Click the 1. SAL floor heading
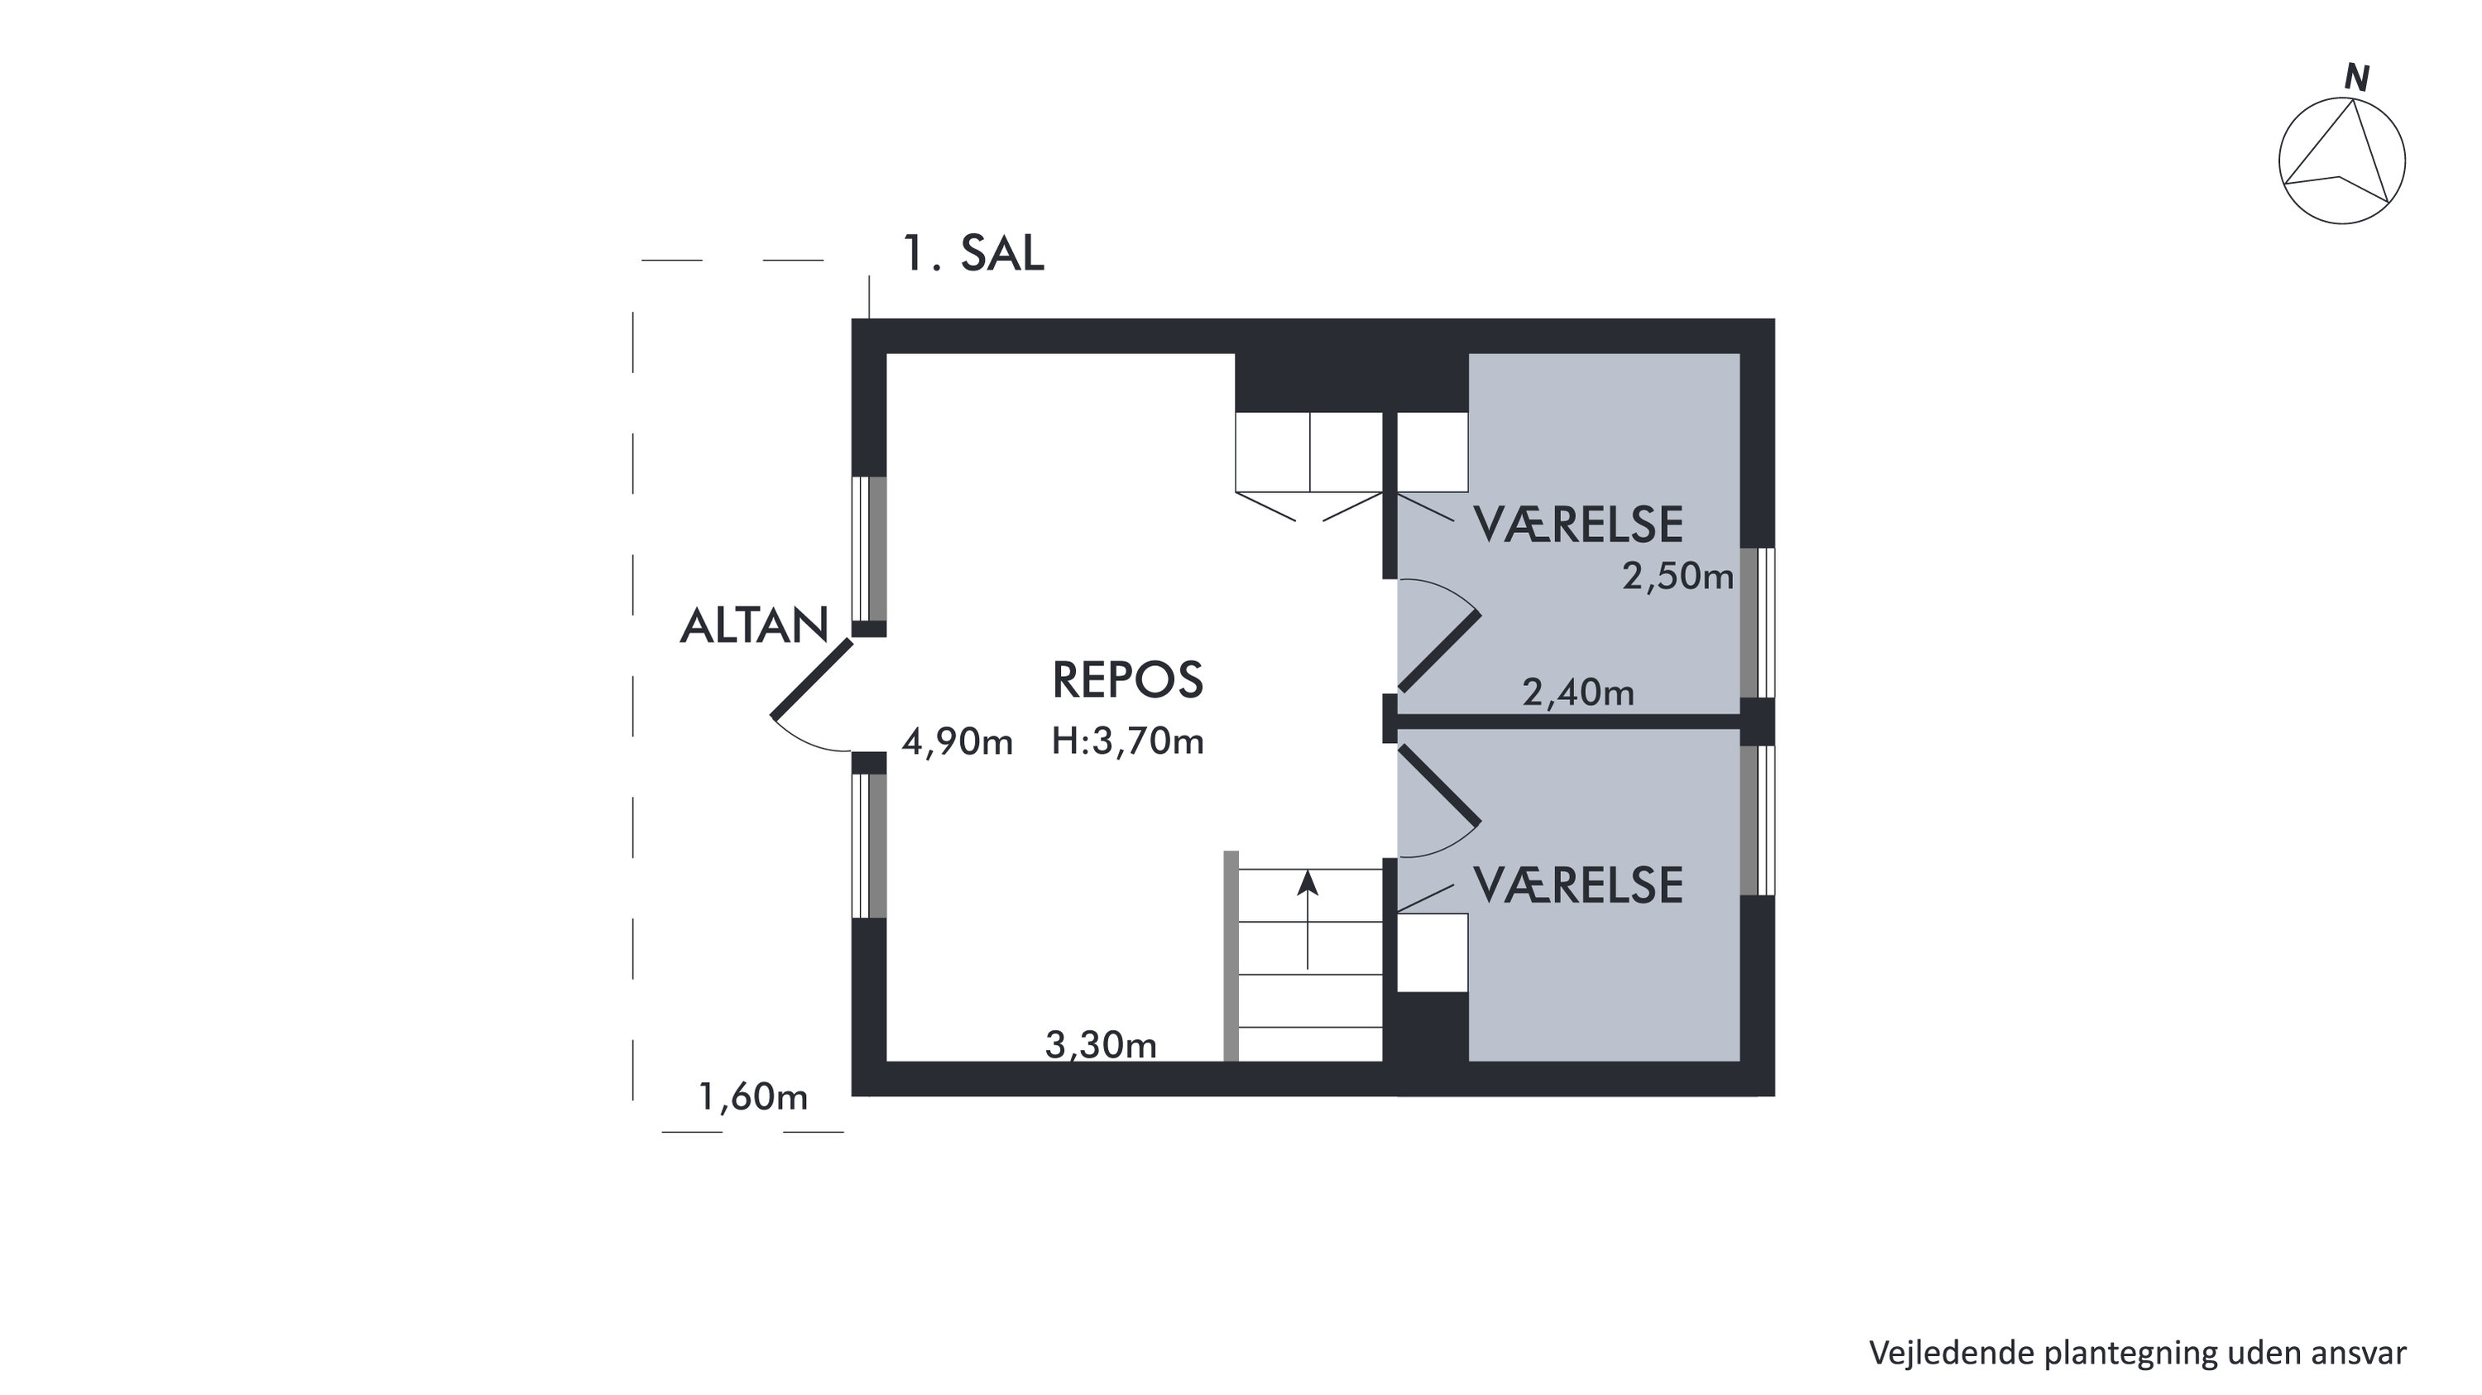[973, 254]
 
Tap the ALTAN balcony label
[755, 626]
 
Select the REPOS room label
[1127, 680]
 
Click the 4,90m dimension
[958, 743]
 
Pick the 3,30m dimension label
[1102, 1045]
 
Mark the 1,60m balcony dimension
[752, 1097]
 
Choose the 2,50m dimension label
[1678, 577]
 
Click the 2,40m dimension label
[1578, 693]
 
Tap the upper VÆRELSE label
[1578, 525]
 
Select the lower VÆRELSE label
[1578, 885]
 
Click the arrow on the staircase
[1308, 920]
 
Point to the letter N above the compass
[2357, 78]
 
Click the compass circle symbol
[2341, 99]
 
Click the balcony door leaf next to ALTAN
[812, 678]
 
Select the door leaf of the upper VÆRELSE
[1438, 651]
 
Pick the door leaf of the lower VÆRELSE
[1438, 785]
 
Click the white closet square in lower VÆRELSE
[1433, 952]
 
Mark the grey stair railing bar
[1231, 956]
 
